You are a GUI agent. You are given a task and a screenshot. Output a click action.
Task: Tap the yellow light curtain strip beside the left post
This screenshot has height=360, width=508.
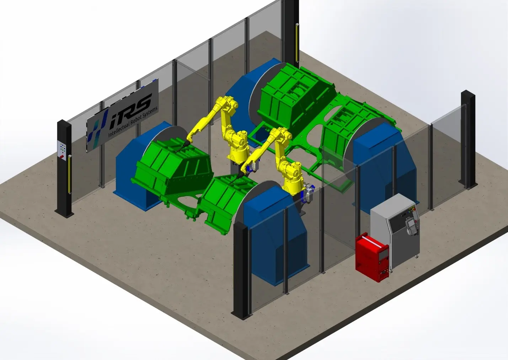70,174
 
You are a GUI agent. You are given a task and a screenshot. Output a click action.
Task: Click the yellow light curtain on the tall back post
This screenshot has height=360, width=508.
297,42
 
